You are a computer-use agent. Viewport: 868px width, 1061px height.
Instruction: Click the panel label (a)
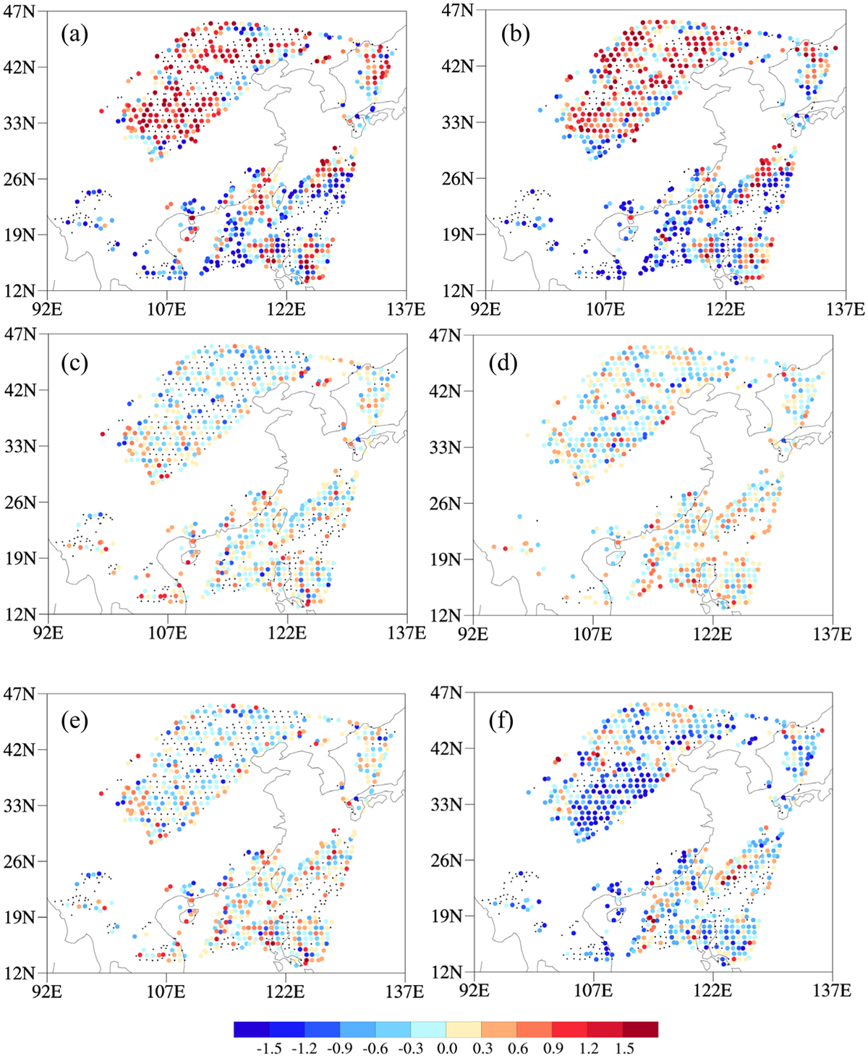[75, 35]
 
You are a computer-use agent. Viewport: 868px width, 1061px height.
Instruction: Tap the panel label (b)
[516, 35]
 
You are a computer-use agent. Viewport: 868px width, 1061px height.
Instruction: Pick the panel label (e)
[75, 721]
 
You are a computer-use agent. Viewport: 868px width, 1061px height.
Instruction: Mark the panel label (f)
[501, 721]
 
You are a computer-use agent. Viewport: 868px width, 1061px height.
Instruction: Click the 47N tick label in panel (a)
[20, 11]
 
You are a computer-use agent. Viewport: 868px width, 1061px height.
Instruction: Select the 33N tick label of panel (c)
[20, 447]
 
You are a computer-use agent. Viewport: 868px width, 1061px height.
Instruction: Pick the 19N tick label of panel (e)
[20, 917]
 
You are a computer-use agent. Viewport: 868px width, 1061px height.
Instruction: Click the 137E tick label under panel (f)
[833, 991]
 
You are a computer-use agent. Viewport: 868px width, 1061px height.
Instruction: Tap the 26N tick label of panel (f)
[446, 860]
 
